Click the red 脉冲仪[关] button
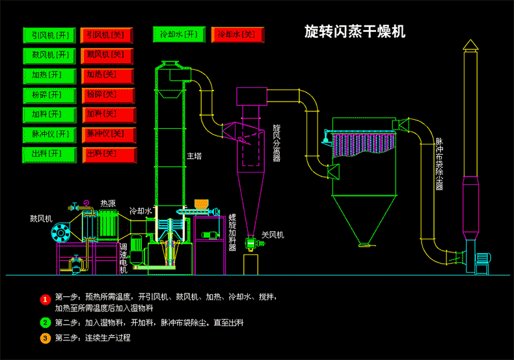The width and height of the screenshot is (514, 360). coord(107,135)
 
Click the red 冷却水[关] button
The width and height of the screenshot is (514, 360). coord(237,35)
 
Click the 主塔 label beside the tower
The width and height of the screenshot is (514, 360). coord(194,156)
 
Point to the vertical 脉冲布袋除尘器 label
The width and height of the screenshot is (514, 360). coord(439,163)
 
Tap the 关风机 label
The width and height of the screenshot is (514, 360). coord(273,234)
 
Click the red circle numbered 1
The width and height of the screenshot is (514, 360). coord(45,299)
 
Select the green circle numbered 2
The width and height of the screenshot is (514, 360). coord(45,322)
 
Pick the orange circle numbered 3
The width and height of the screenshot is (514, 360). coord(45,338)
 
